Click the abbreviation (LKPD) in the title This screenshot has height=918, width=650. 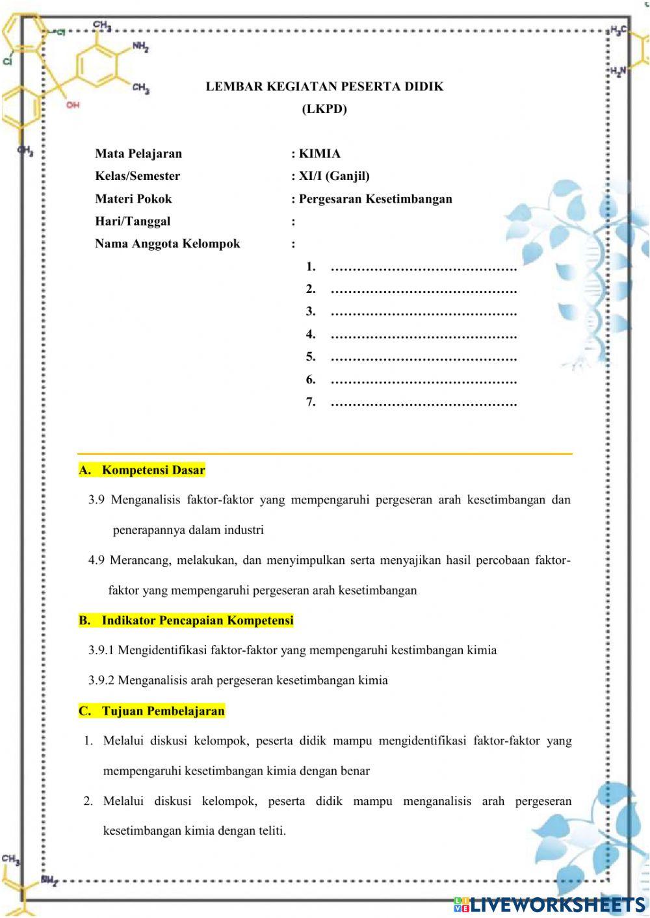[324, 109]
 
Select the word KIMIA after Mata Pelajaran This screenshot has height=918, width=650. [319, 154]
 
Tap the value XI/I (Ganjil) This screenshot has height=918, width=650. [334, 176]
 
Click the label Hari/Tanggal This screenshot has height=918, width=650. [133, 222]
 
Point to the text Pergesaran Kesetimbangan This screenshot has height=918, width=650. [375, 199]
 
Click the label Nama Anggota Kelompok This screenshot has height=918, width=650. [168, 244]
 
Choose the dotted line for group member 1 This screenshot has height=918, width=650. [423, 267]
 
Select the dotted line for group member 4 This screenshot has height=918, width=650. [423, 335]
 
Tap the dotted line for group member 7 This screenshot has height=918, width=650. [423, 403]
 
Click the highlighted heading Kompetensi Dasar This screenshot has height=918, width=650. [153, 470]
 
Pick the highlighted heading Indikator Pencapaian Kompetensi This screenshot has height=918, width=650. [198, 620]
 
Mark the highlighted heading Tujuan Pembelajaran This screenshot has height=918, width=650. [163, 711]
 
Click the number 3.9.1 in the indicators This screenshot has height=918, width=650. [101, 650]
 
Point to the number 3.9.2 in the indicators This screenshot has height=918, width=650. [101, 681]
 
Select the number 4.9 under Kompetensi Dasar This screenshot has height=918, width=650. [96, 560]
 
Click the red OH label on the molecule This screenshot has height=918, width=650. [73, 105]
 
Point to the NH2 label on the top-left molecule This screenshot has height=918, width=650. [140, 47]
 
